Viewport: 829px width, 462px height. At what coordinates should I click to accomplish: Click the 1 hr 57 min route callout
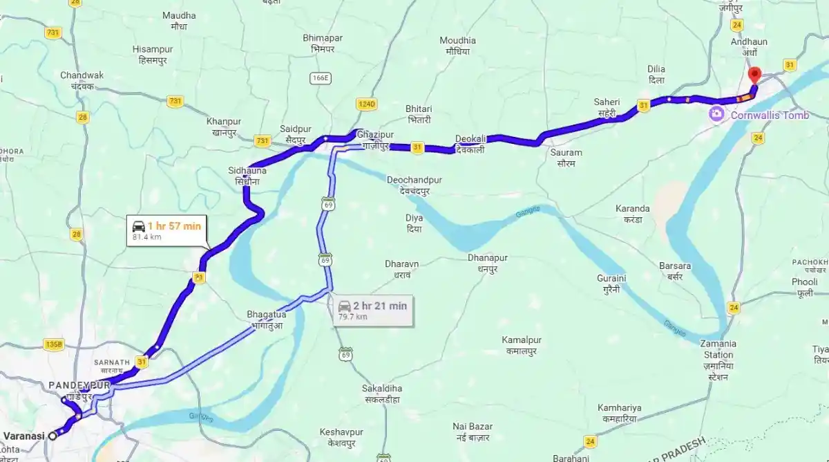[x=166, y=230]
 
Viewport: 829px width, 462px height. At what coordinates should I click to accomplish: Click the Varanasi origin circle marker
[x=52, y=436]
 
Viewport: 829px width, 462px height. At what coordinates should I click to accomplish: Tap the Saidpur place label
[x=296, y=133]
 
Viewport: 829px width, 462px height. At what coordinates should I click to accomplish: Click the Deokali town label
[x=470, y=143]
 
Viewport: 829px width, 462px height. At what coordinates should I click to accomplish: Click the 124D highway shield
[x=366, y=104]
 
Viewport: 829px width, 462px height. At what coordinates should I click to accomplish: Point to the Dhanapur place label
[x=487, y=263]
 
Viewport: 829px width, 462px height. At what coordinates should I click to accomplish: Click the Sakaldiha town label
[x=382, y=393]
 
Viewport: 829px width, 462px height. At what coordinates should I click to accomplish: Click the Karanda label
[x=632, y=213]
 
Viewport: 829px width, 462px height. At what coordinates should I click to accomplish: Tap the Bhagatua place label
[x=266, y=319]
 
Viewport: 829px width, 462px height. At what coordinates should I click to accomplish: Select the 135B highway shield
[x=53, y=344]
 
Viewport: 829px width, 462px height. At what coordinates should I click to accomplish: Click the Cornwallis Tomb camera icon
[x=717, y=114]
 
